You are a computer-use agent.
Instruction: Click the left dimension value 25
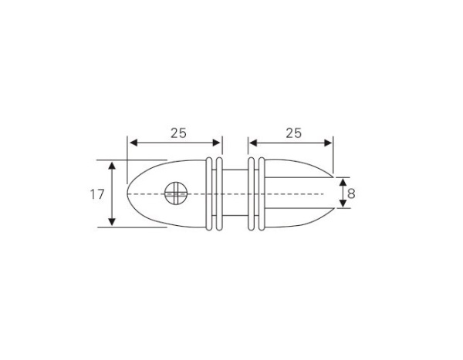(x=178, y=133)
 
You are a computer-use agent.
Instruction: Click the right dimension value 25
(x=293, y=133)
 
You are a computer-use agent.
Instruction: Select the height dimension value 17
(x=96, y=194)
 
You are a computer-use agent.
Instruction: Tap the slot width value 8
(x=351, y=193)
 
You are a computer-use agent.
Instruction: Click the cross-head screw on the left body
(x=176, y=193)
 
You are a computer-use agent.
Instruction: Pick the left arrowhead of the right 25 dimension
(x=252, y=143)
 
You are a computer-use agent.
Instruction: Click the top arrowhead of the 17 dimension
(x=113, y=166)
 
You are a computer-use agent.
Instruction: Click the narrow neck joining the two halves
(x=236, y=193)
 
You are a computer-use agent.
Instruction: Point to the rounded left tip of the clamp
(x=128, y=193)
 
